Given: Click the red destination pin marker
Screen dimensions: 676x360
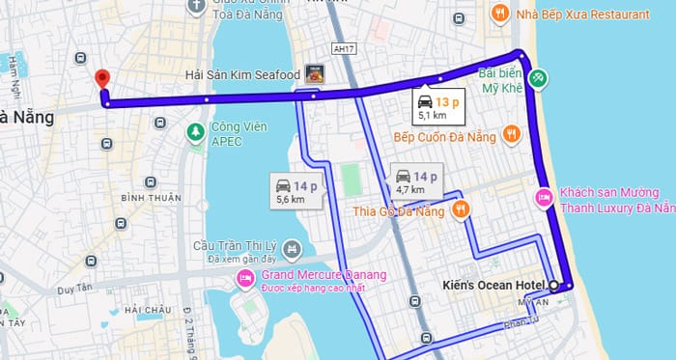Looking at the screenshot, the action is [100, 79].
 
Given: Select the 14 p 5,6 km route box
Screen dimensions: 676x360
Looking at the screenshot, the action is [291, 190].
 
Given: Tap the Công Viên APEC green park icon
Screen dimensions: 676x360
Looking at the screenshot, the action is [195, 129].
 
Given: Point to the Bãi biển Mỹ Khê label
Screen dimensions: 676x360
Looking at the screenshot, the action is [501, 80].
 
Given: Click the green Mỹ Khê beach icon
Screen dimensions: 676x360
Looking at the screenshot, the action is [540, 76].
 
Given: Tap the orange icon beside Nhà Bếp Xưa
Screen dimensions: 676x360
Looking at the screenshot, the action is [498, 14].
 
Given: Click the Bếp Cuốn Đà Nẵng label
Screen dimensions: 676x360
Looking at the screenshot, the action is [444, 138].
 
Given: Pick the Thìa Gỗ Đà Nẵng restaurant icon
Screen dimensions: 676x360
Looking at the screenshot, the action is [462, 208].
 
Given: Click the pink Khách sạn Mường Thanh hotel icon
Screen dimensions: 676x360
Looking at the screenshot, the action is [543, 198].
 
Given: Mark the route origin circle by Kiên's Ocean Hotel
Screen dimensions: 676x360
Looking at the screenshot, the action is [553, 285].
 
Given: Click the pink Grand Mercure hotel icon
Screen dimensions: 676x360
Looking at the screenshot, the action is [243, 280].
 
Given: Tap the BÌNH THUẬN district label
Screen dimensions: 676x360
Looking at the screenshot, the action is [150, 198].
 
